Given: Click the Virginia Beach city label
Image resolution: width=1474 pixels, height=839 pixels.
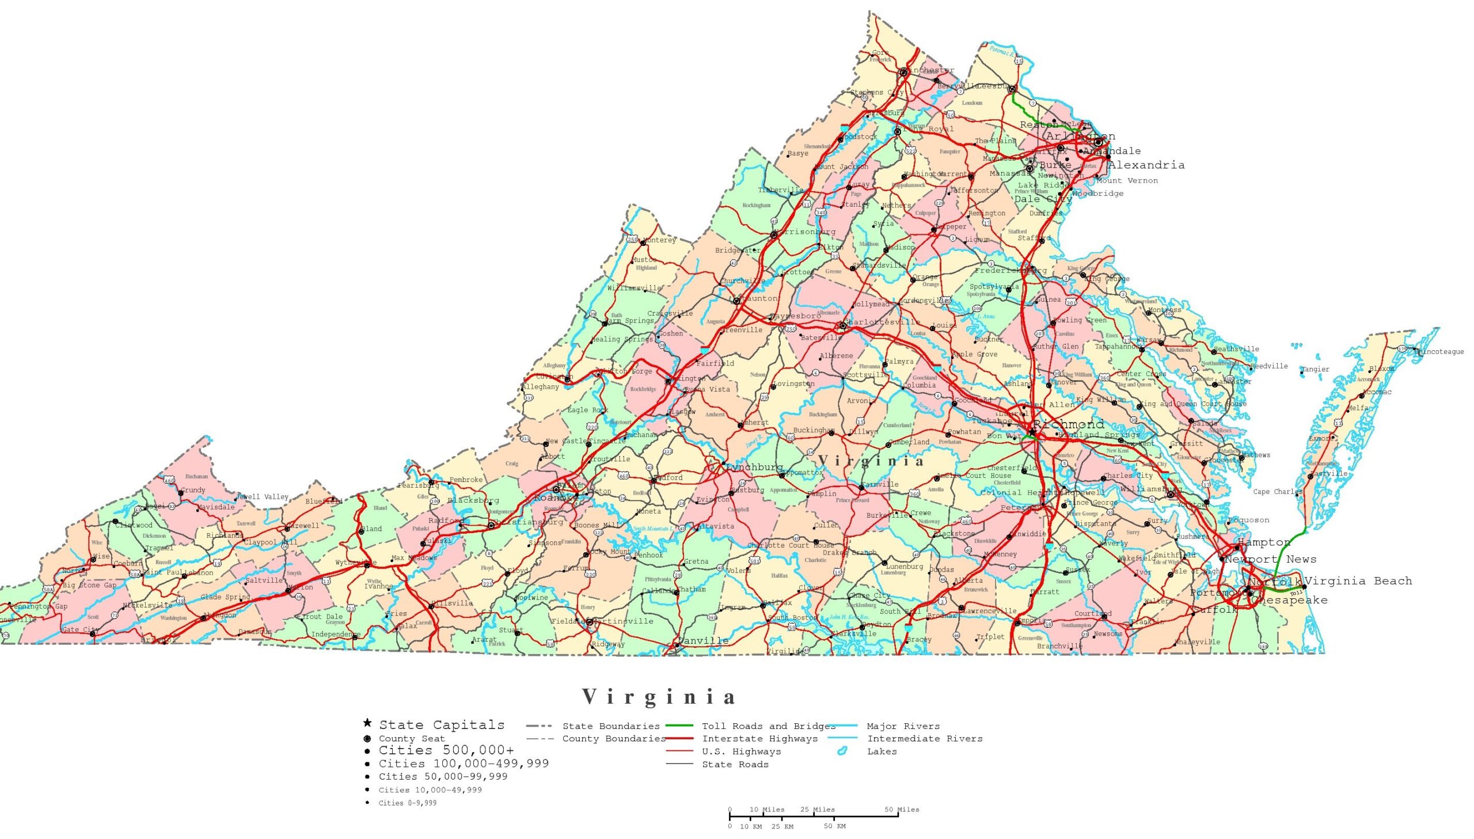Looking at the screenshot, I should click(1358, 581).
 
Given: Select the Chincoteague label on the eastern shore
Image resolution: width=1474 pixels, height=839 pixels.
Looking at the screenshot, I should click(1439, 351).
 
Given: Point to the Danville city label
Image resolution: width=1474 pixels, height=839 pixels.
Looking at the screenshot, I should click(702, 641).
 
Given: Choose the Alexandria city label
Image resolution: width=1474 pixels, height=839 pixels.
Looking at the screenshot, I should click(1146, 165).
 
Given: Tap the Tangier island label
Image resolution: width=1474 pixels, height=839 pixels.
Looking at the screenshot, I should click(1315, 369).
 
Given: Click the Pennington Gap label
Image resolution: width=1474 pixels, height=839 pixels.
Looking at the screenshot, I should click(39, 606).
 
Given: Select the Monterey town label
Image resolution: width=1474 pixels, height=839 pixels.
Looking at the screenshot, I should click(659, 240).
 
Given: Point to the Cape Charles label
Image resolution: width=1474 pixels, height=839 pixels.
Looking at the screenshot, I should click(1278, 492).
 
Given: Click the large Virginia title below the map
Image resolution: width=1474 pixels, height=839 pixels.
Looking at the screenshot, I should click(659, 697).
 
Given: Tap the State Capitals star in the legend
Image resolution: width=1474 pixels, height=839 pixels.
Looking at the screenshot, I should click(367, 723).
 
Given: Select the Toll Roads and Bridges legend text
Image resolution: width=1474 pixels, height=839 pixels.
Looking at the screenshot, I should click(768, 726).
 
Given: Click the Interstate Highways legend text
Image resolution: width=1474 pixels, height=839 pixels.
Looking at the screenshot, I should click(759, 739).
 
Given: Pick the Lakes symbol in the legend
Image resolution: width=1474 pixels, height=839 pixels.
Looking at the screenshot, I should click(842, 751).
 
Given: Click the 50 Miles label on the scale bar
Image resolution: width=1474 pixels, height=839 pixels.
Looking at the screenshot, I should click(902, 810).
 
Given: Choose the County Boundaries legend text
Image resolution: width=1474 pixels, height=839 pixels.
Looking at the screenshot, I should click(613, 739).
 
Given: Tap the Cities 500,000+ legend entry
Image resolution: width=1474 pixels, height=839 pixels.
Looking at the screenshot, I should click(446, 750).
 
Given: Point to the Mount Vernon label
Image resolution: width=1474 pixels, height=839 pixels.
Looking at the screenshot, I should click(1127, 180).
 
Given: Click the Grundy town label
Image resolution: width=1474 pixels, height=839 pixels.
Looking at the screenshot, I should click(192, 491).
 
